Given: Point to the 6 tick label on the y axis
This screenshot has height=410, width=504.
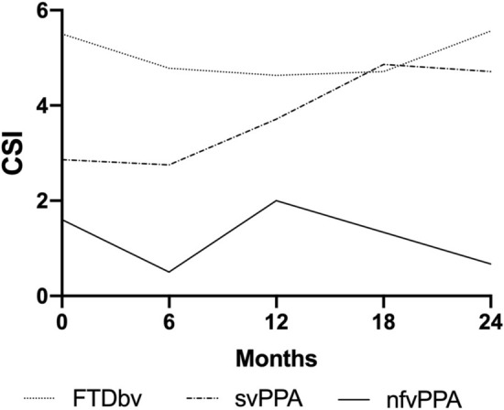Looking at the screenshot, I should pyautogui.click(x=42, y=11).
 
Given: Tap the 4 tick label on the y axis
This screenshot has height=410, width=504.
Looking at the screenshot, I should pyautogui.click(x=42, y=106).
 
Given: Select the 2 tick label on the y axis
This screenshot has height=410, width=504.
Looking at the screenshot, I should pyautogui.click(x=42, y=201).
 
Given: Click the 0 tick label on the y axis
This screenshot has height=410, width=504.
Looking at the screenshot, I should pyautogui.click(x=42, y=297).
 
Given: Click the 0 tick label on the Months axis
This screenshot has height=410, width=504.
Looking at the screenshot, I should pyautogui.click(x=60, y=321).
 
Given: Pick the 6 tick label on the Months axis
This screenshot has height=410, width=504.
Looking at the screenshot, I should pyautogui.click(x=169, y=321).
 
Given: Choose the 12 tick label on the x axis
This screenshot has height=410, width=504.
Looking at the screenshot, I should pyautogui.click(x=277, y=321).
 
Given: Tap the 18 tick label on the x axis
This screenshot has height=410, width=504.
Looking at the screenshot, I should pyautogui.click(x=385, y=321).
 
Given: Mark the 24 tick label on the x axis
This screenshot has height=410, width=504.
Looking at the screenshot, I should pyautogui.click(x=491, y=321).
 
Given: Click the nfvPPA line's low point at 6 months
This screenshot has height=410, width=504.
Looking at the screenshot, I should pyautogui.click(x=169, y=272).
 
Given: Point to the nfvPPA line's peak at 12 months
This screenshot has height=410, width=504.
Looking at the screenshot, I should pyautogui.click(x=277, y=200).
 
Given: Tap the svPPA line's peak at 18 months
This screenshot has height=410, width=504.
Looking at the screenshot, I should pyautogui.click(x=385, y=64).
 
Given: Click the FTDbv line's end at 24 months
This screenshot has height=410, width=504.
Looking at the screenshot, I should pyautogui.click(x=492, y=31).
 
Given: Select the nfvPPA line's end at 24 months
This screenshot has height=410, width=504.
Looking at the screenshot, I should pyautogui.click(x=492, y=264).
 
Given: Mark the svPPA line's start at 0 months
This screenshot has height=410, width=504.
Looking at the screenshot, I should pyautogui.click(x=61, y=159).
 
